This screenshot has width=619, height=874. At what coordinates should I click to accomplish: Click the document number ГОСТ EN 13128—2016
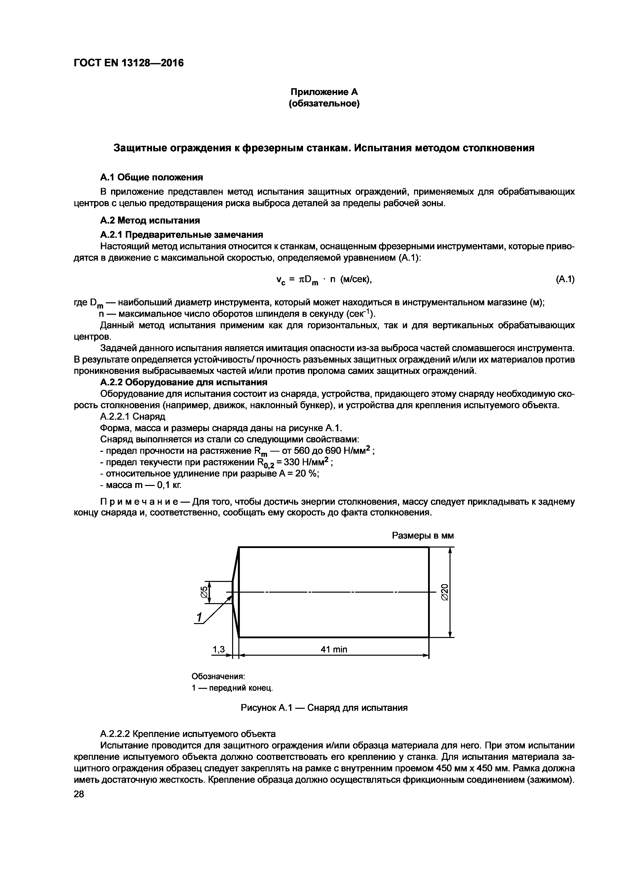(x=129, y=63)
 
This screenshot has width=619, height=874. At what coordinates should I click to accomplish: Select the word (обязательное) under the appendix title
(x=324, y=103)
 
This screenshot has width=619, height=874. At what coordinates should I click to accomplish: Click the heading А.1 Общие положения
(x=151, y=177)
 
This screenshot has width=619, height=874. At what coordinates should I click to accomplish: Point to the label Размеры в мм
(x=423, y=536)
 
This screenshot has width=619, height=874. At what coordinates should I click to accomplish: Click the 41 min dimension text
(x=334, y=649)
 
